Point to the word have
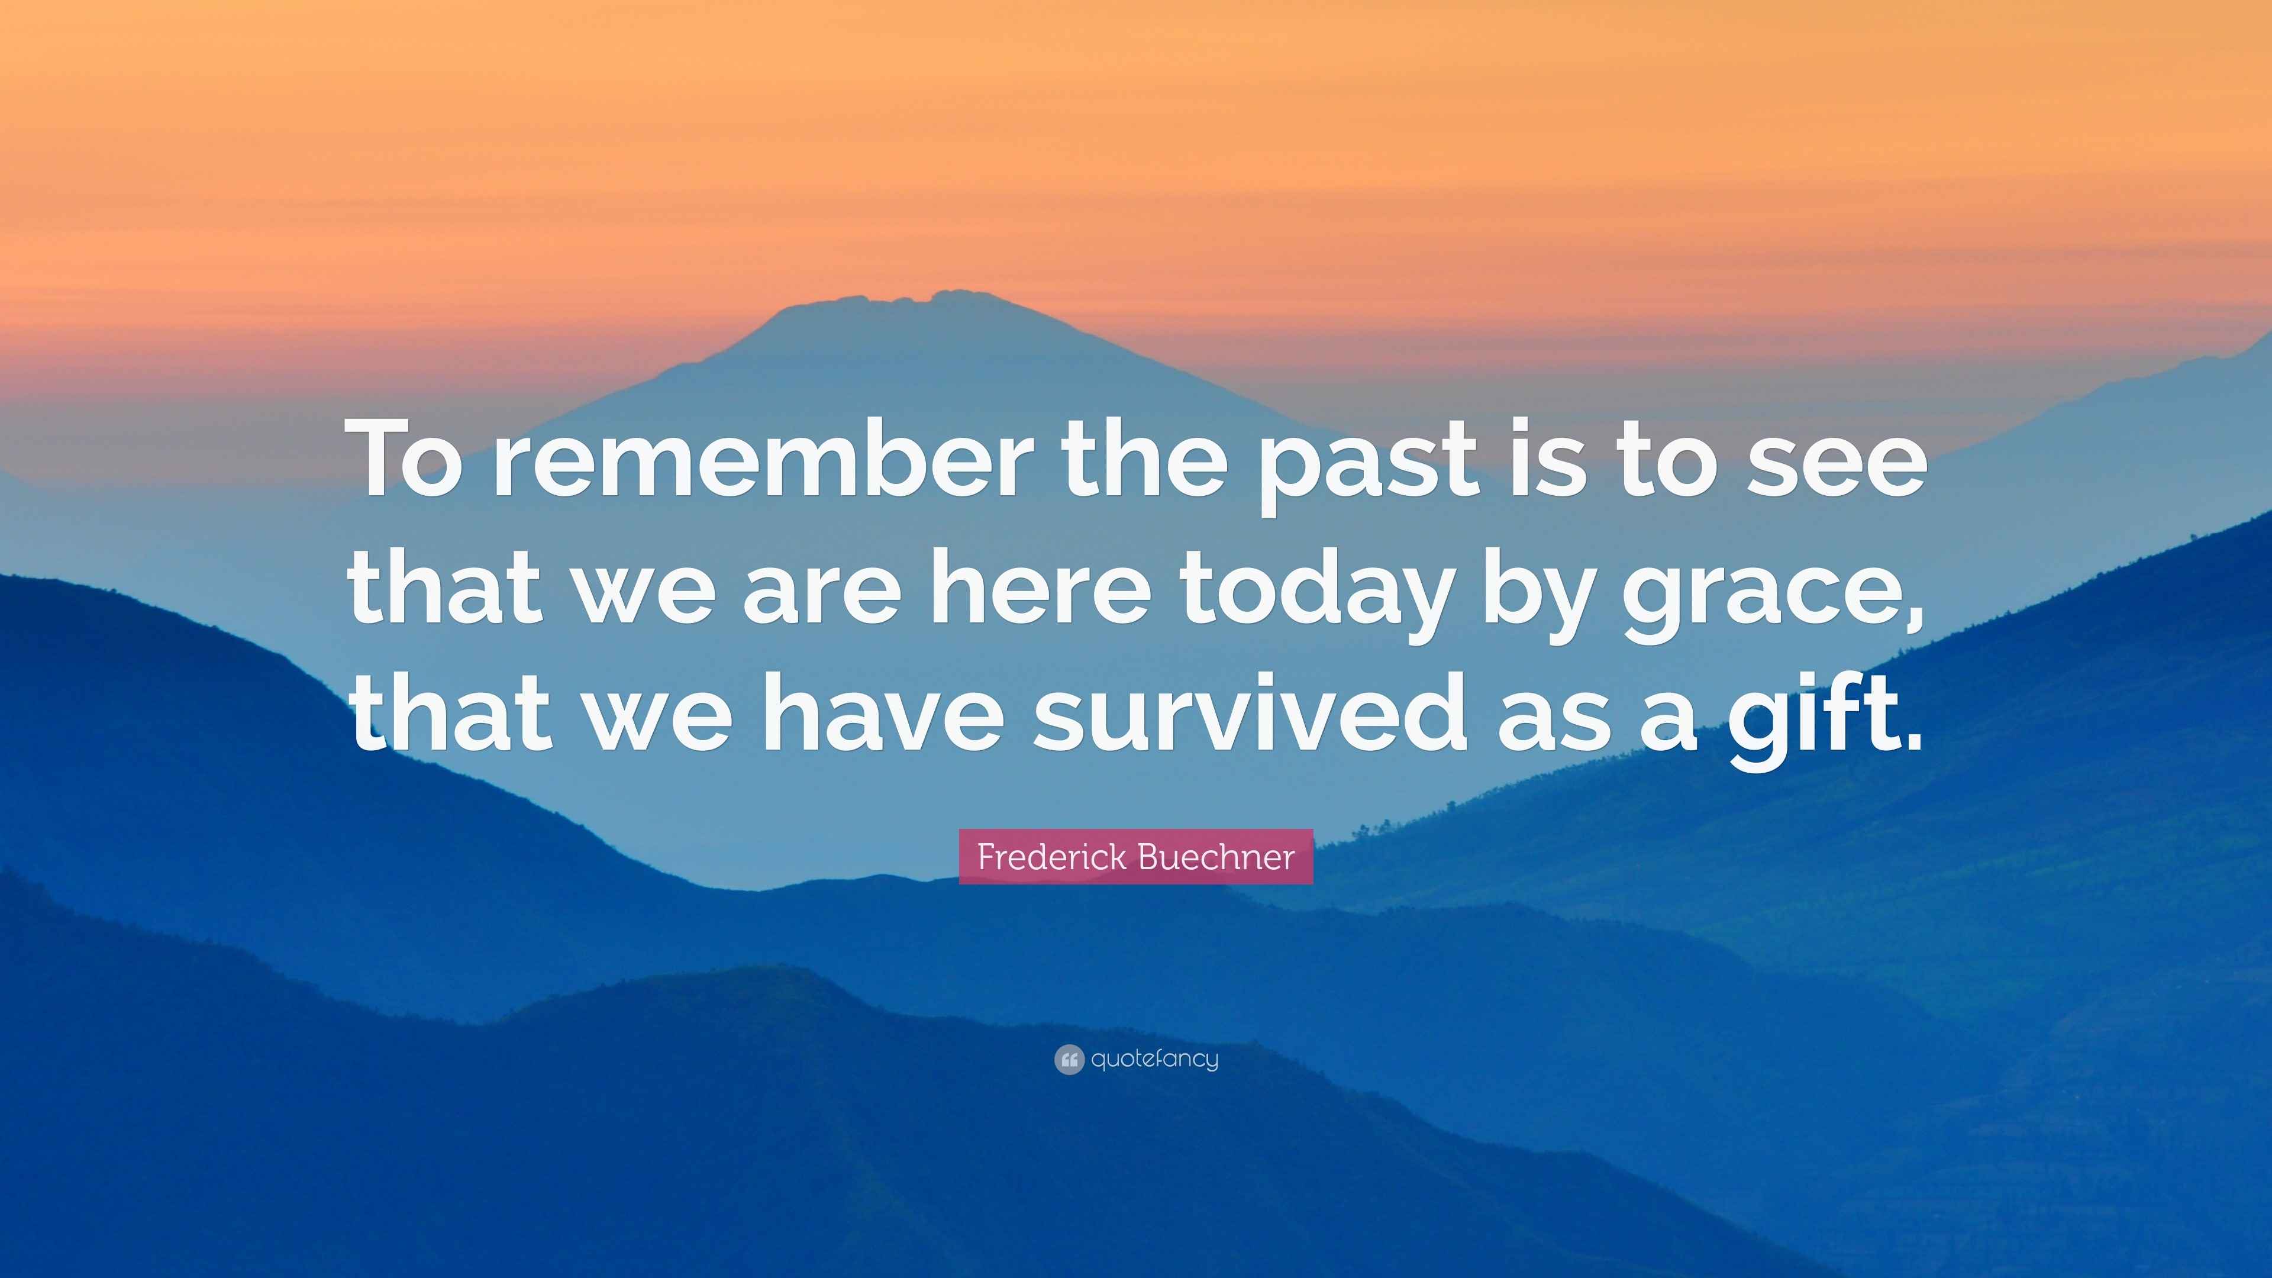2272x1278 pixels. [882, 714]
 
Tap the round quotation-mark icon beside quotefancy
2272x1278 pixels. [1068, 1059]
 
